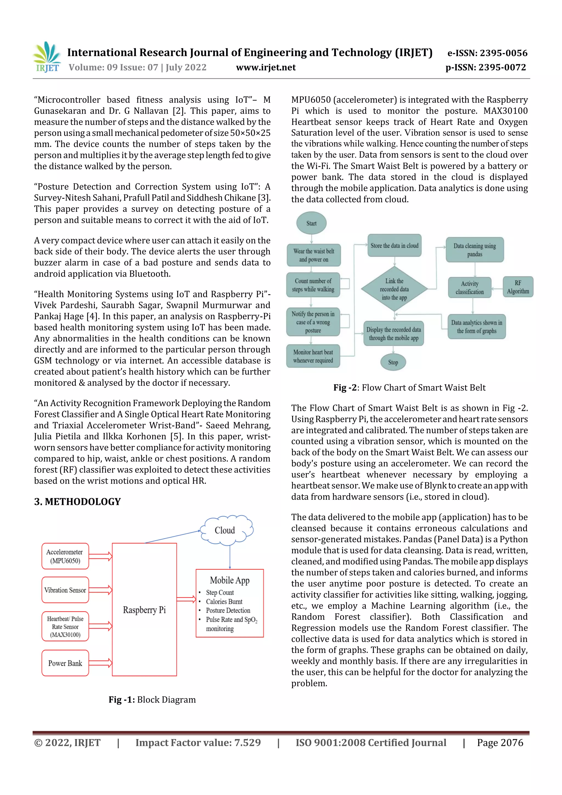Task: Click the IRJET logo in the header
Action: point(46,57)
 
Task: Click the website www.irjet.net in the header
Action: point(266,68)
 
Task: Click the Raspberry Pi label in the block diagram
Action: point(144,610)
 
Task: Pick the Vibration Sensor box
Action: point(65,590)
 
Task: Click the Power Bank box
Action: point(65,663)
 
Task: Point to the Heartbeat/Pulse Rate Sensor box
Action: point(65,627)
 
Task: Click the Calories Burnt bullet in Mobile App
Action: point(224,602)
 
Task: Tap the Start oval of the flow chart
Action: point(311,223)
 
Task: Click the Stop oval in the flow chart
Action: point(393,362)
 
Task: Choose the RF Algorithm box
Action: point(518,287)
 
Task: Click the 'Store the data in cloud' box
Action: point(394,246)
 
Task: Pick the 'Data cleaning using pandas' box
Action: point(474,250)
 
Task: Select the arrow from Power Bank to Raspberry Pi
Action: point(100,663)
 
